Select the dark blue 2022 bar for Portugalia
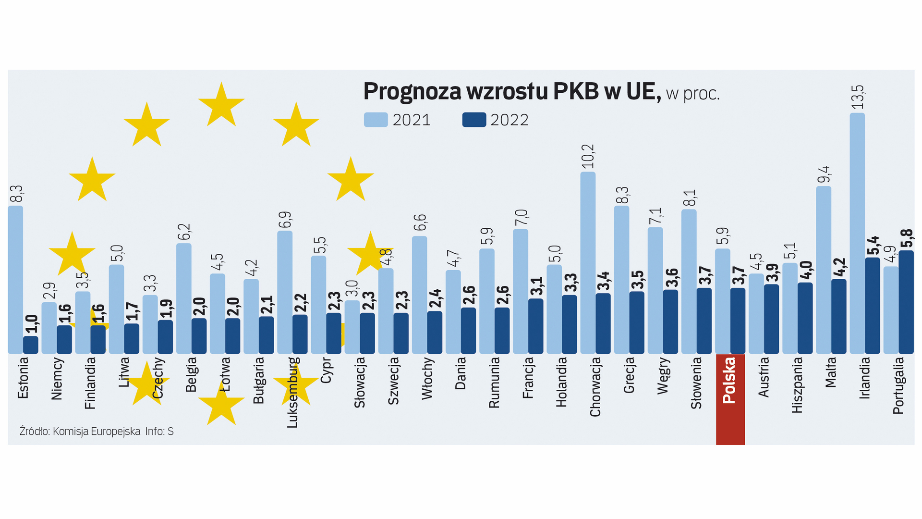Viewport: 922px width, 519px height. click(x=906, y=302)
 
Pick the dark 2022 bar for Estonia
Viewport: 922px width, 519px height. click(x=31, y=345)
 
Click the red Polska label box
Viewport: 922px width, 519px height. click(x=730, y=399)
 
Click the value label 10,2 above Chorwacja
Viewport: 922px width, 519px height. click(x=588, y=157)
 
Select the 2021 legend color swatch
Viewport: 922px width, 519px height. click(x=376, y=120)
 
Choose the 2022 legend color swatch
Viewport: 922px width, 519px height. click(x=474, y=120)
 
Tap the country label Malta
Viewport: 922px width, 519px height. click(x=831, y=372)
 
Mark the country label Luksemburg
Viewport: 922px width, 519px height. click(x=292, y=392)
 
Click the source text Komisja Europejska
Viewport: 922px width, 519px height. click(x=96, y=432)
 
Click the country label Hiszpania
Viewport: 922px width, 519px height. click(x=797, y=384)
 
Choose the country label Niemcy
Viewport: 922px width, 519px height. click(x=57, y=378)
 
